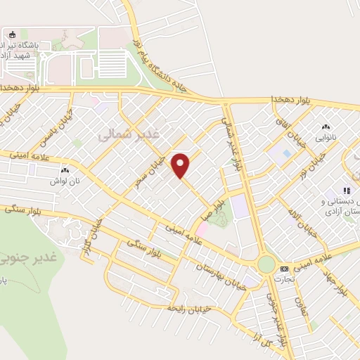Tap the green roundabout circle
pos(266,264)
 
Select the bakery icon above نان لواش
pos(65,170)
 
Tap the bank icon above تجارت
pos(284,269)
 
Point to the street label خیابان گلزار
pos(87,239)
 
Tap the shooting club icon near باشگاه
pos(11,34)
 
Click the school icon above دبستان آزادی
pos(346,191)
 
